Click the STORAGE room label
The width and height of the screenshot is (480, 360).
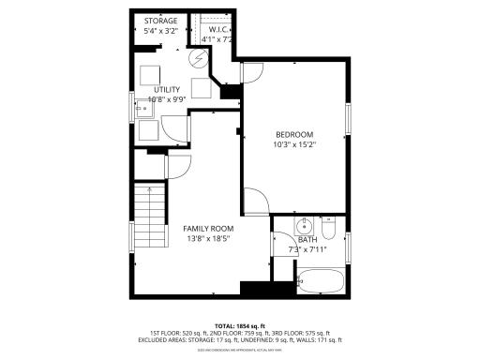click(162, 21)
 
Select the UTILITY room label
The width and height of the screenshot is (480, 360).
click(164, 89)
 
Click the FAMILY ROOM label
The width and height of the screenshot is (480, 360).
click(207, 229)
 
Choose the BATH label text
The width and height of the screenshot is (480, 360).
click(307, 240)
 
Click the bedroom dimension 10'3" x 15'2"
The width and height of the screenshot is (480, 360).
click(294, 145)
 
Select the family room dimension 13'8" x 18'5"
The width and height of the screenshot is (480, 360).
click(207, 239)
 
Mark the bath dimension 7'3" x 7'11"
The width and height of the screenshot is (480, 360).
click(308, 250)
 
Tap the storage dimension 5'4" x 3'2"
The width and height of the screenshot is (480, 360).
click(162, 31)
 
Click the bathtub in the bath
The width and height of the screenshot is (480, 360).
click(321, 280)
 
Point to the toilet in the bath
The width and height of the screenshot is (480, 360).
click(328, 229)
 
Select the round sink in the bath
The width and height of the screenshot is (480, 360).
click(304, 227)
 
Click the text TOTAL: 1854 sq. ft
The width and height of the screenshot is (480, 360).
click(240, 324)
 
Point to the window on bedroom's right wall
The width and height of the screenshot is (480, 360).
click(347, 118)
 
